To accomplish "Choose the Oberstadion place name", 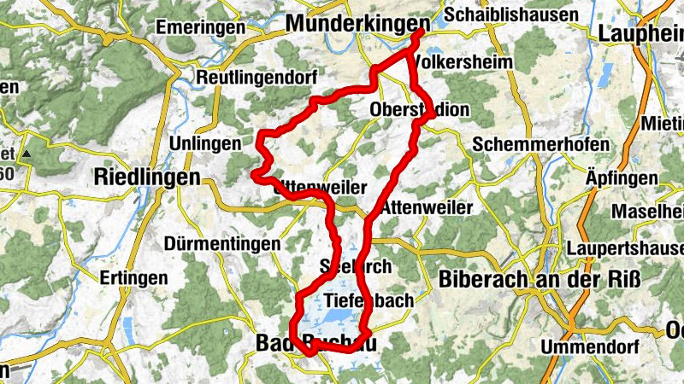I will click(x=420, y=110).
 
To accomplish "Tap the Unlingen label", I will click(x=205, y=143).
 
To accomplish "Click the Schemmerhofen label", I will click(x=540, y=143).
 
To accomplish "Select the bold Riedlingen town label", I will click(x=146, y=178).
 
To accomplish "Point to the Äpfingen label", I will click(x=620, y=177).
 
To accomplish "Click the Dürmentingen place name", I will click(x=224, y=244).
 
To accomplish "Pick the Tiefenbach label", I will click(x=369, y=300).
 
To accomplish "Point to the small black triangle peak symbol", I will click(x=27, y=154).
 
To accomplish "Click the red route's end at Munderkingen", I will click(x=420, y=32).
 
